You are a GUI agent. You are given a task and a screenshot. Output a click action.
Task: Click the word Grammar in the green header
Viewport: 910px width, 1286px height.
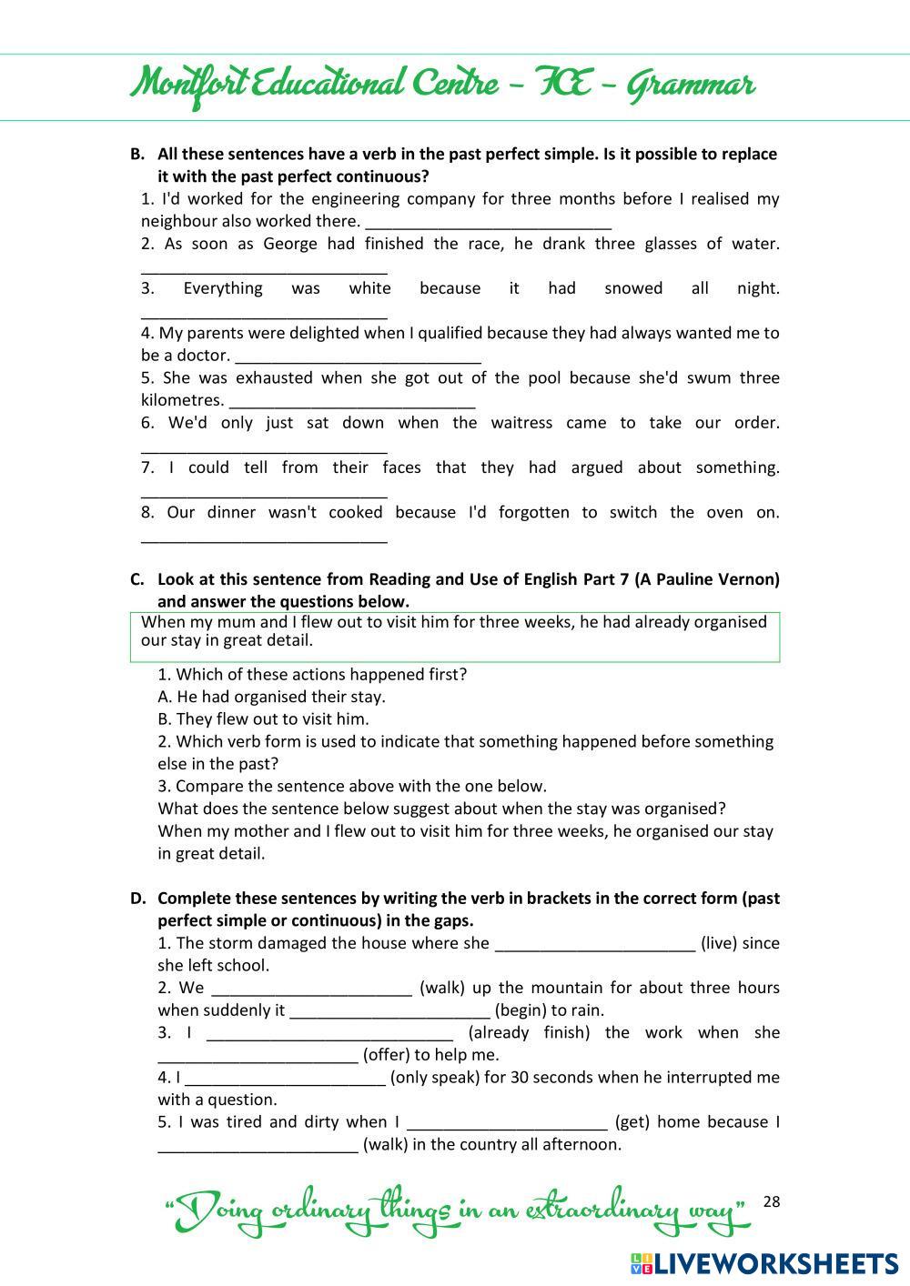(692, 85)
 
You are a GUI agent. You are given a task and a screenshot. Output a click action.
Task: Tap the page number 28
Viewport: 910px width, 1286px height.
(772, 1201)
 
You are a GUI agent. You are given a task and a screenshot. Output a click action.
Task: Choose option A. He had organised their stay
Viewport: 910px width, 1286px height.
(271, 697)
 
